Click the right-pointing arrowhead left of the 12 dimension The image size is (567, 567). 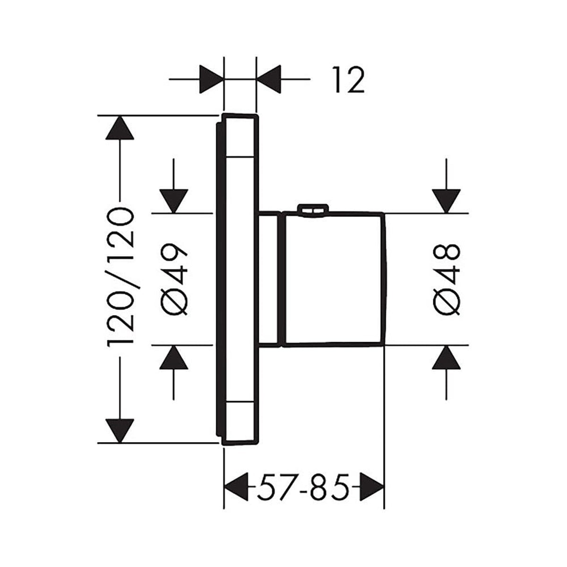click(211, 79)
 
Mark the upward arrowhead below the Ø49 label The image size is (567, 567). click(174, 357)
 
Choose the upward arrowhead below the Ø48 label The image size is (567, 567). click(446, 357)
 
